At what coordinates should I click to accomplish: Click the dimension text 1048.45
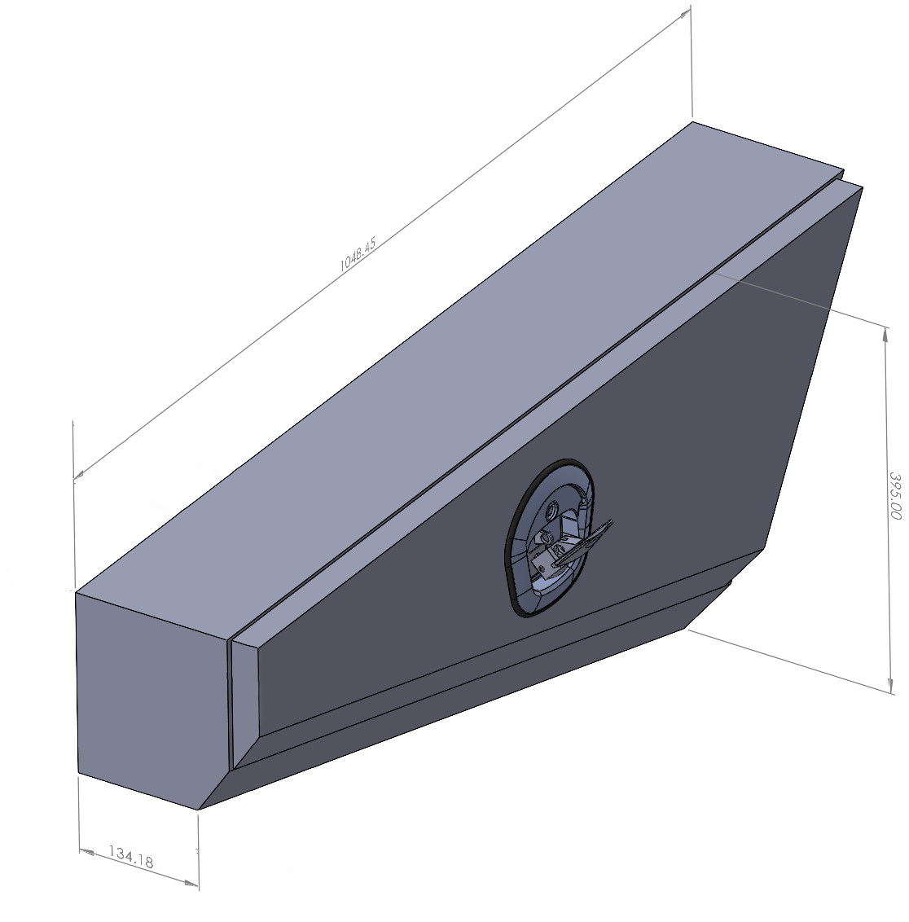pos(357,253)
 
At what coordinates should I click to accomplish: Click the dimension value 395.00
pos(894,496)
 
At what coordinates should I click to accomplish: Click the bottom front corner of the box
pos(200,810)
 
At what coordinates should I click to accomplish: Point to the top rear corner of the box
pos(693,123)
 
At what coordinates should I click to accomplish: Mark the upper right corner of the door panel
pos(861,188)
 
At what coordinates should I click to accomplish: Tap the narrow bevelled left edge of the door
pos(244,700)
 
